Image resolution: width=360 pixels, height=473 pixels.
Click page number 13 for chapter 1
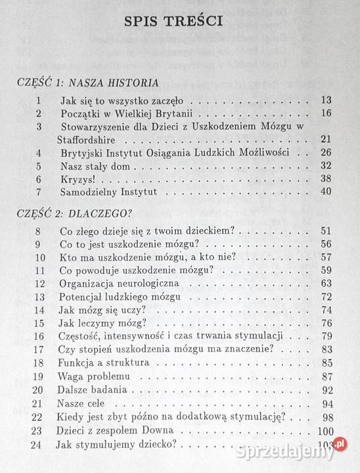(326, 101)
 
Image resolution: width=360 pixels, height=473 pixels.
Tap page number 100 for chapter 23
(324, 430)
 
